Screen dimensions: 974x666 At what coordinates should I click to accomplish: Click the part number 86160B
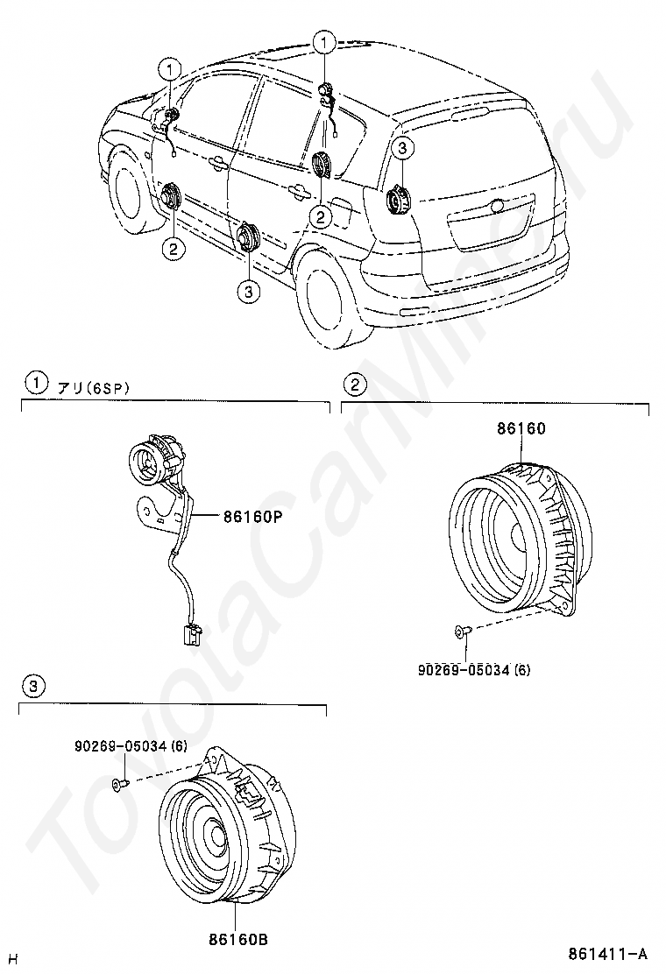(237, 940)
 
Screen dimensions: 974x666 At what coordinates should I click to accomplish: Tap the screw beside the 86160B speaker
(119, 786)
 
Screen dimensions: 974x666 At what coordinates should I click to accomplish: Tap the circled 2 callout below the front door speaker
(173, 249)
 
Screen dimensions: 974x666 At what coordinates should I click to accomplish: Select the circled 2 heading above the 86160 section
(354, 384)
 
